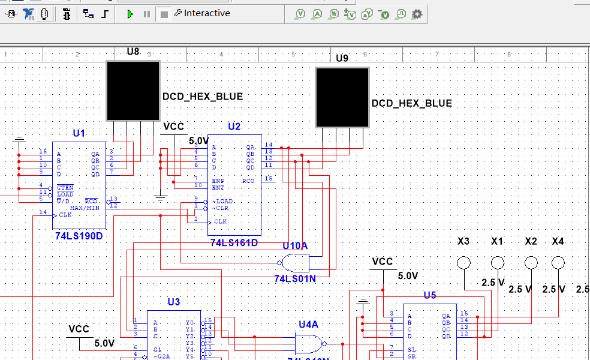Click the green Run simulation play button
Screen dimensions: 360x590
(130, 14)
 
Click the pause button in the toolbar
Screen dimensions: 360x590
(147, 14)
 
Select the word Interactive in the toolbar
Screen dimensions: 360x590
(207, 13)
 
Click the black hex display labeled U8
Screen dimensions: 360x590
(133, 91)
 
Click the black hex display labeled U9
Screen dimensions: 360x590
(342, 97)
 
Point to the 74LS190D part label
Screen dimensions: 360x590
(79, 236)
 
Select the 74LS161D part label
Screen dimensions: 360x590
(234, 242)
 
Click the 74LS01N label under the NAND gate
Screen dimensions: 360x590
(294, 278)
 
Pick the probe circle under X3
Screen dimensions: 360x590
(463, 263)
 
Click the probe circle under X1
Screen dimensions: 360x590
(497, 263)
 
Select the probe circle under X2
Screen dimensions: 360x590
(531, 263)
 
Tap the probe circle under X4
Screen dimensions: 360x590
(558, 263)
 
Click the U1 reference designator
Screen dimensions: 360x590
(79, 133)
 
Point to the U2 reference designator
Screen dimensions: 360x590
(234, 127)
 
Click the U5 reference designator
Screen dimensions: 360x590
(430, 295)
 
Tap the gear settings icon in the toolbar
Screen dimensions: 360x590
(417, 14)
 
